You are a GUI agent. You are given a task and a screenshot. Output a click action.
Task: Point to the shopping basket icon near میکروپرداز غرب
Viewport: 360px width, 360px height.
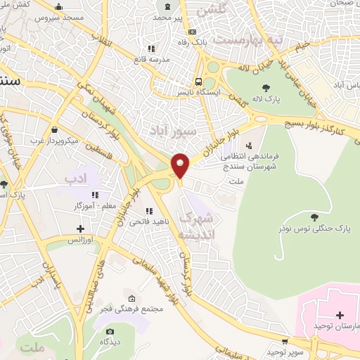(x=55, y=129)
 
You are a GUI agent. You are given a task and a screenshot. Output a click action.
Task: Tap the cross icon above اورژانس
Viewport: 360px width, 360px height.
(x=81, y=228)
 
